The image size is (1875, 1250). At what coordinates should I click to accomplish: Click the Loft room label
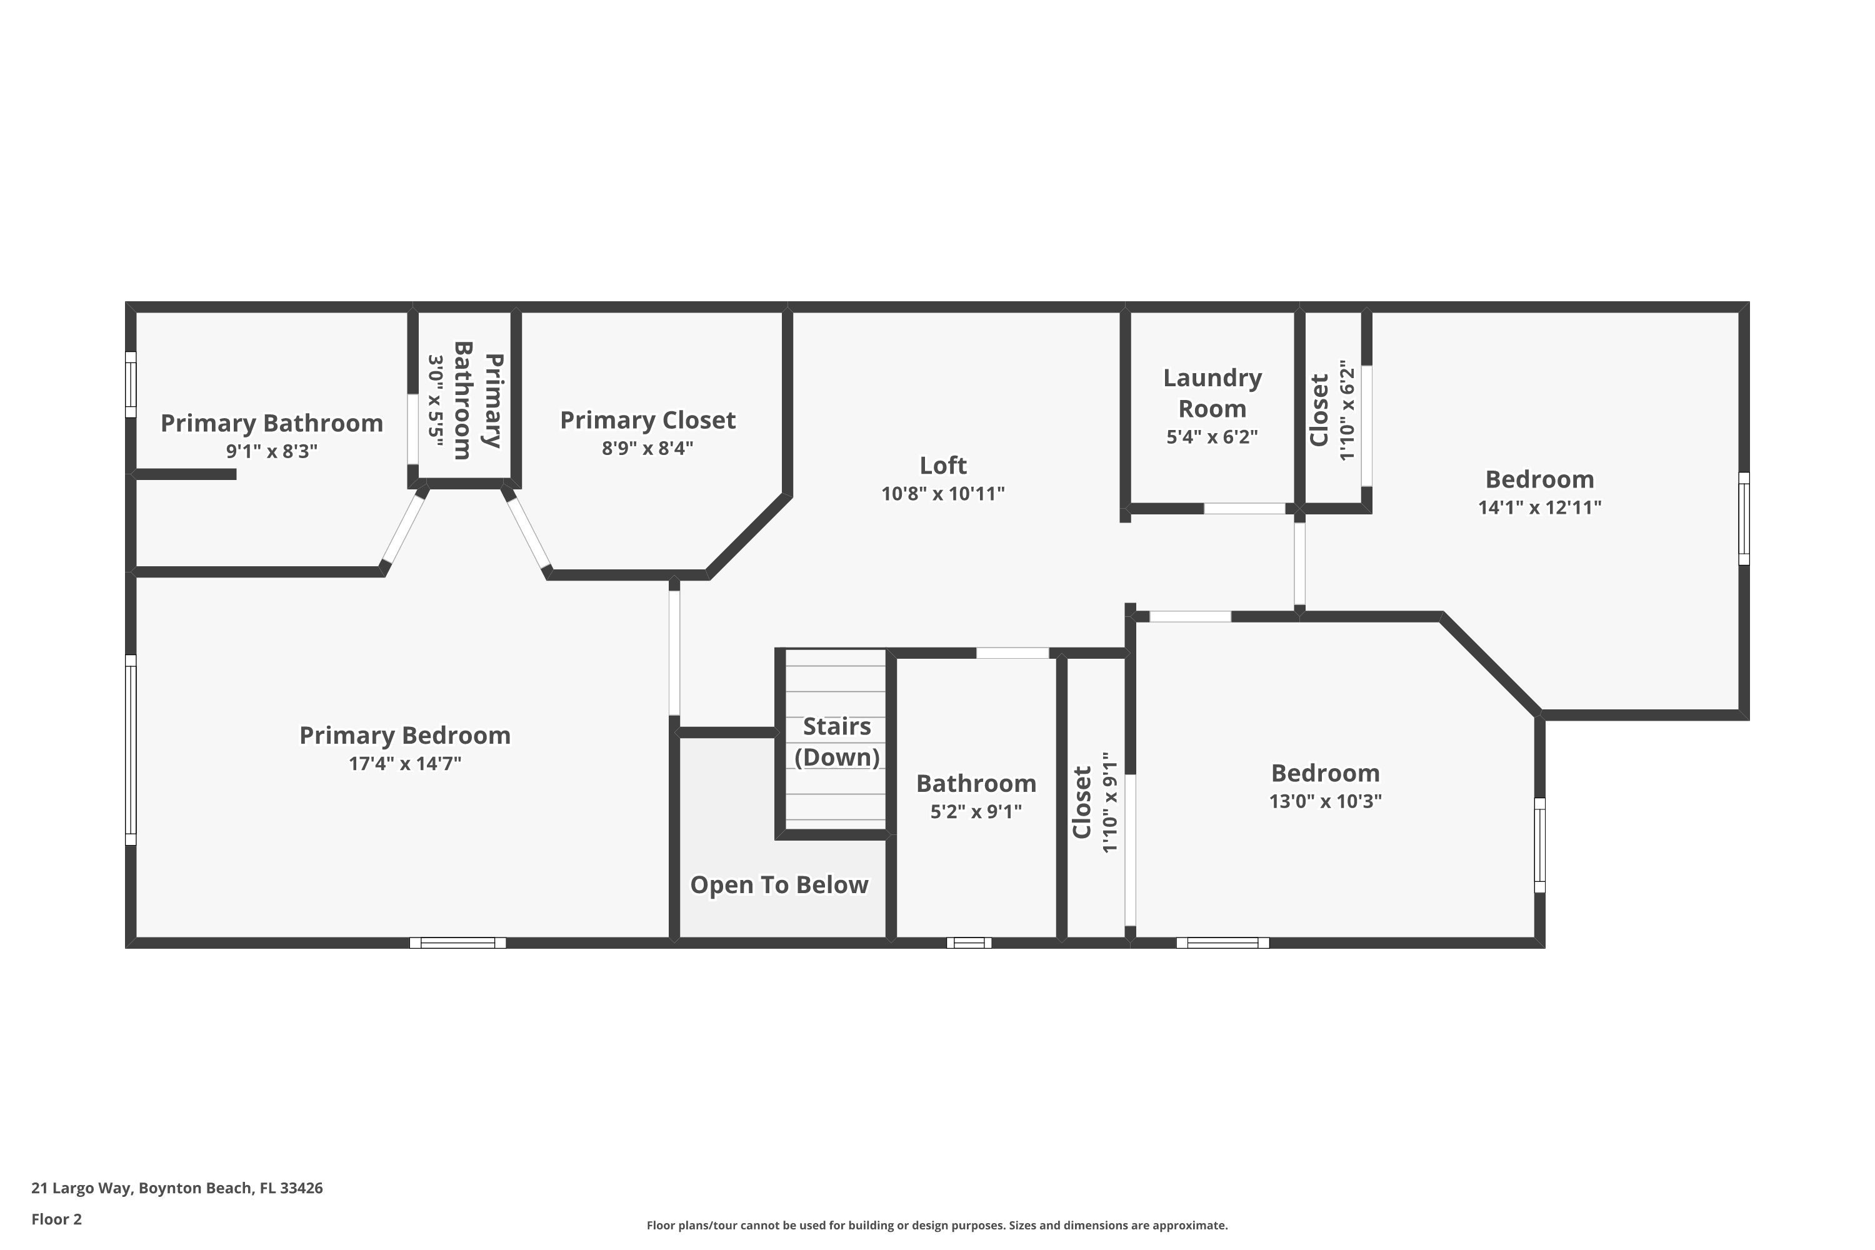[x=942, y=465]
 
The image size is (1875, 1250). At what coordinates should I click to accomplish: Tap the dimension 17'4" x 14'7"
[x=404, y=763]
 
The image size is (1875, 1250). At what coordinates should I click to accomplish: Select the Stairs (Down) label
[x=836, y=741]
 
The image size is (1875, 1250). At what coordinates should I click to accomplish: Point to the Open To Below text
[x=779, y=884]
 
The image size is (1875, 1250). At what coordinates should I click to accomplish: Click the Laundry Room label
[x=1212, y=393]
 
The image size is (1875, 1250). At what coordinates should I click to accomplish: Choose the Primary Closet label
[x=647, y=420]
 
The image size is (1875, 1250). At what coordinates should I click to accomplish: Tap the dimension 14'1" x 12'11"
[x=1539, y=507]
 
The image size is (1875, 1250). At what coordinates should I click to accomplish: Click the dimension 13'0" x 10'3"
[x=1325, y=801]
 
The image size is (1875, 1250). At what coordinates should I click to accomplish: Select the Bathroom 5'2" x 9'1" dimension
[x=976, y=811]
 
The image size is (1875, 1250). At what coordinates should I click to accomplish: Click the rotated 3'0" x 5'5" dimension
[x=435, y=401]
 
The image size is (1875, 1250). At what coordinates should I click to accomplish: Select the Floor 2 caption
[x=57, y=1219]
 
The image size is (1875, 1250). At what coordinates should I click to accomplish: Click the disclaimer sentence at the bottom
[x=937, y=1225]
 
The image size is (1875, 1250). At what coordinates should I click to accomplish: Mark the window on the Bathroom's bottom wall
[x=969, y=942]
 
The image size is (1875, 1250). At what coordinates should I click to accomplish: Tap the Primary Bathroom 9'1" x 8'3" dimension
[x=271, y=451]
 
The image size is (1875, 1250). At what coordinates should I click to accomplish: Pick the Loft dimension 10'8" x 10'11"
[x=942, y=494]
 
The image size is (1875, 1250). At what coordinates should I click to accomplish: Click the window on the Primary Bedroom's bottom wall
[x=457, y=942]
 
